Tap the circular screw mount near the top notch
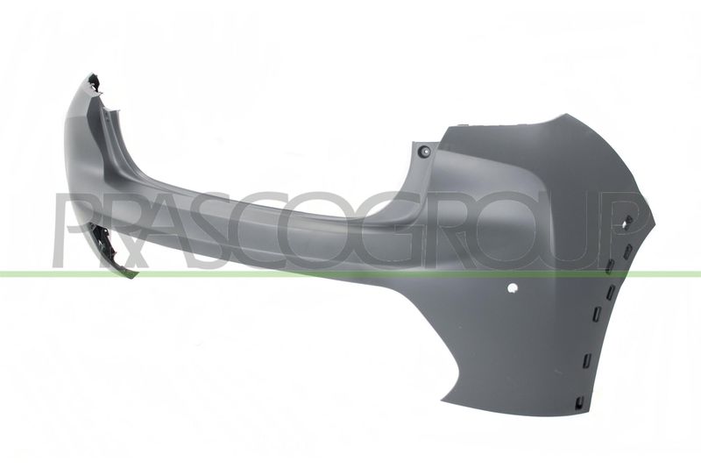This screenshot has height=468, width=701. [424, 151]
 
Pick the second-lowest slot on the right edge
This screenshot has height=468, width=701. [587, 360]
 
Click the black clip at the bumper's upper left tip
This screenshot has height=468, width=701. [95, 83]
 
